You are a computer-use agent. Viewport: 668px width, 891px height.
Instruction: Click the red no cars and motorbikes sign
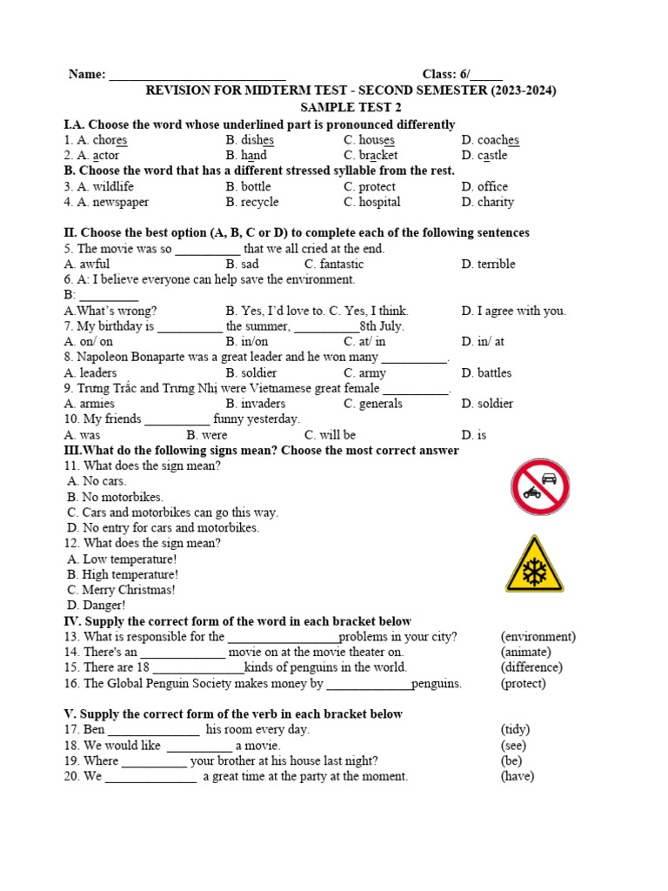tap(540, 487)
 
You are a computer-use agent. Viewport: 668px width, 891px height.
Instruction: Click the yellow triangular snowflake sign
tap(534, 566)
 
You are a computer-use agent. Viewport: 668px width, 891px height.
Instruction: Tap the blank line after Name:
tap(197, 76)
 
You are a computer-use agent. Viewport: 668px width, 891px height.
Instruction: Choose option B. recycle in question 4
tap(252, 202)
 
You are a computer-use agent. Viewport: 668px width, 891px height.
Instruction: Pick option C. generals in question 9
tap(373, 404)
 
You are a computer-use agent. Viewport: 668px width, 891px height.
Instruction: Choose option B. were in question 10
tap(207, 435)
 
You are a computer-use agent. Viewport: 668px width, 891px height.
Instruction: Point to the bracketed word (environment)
tap(538, 637)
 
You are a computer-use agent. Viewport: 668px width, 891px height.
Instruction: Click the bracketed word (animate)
tap(525, 653)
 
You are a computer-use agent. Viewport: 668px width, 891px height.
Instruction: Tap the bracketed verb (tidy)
tap(515, 730)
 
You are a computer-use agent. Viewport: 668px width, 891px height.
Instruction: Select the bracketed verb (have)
tap(518, 777)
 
